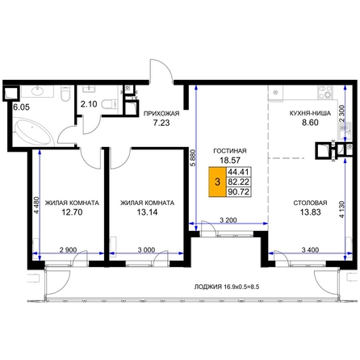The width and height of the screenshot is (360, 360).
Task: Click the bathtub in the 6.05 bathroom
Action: (x=34, y=132)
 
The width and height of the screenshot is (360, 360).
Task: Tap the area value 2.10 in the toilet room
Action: (x=89, y=104)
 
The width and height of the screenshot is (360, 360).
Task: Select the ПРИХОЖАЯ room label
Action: (x=161, y=114)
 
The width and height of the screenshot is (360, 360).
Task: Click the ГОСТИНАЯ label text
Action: (x=230, y=151)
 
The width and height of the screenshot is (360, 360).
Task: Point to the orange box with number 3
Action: (x=218, y=182)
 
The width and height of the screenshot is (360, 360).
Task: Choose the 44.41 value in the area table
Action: (x=238, y=171)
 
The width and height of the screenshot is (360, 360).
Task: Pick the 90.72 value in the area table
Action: (x=238, y=192)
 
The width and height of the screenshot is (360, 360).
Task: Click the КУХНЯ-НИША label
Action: (x=310, y=113)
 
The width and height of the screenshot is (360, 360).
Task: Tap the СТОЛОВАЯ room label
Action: (x=310, y=203)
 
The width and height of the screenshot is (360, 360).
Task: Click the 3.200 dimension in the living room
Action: (x=228, y=220)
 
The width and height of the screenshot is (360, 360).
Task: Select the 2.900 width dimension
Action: (x=68, y=250)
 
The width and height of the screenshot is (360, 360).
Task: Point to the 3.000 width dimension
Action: (x=146, y=250)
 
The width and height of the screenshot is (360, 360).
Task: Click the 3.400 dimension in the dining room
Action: (x=310, y=250)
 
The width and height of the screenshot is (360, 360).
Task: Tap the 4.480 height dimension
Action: (x=37, y=205)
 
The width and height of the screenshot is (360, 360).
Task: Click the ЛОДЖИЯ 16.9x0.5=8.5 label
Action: (x=227, y=287)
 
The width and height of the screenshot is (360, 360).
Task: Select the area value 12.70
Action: (x=72, y=212)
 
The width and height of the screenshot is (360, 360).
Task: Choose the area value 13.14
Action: (x=147, y=212)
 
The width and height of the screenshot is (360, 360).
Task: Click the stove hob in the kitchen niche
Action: (x=325, y=92)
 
